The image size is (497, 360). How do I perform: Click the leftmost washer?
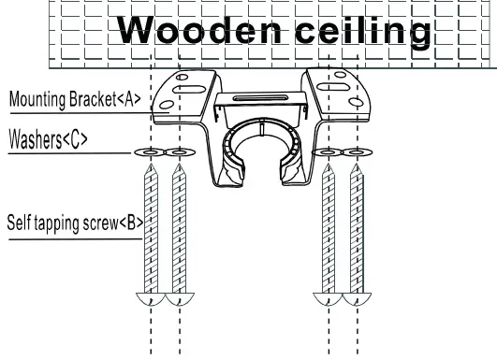(149, 152)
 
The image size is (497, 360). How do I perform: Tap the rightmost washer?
(356, 152)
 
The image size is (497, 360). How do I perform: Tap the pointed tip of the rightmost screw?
(356, 166)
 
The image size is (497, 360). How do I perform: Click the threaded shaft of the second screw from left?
(178, 234)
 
